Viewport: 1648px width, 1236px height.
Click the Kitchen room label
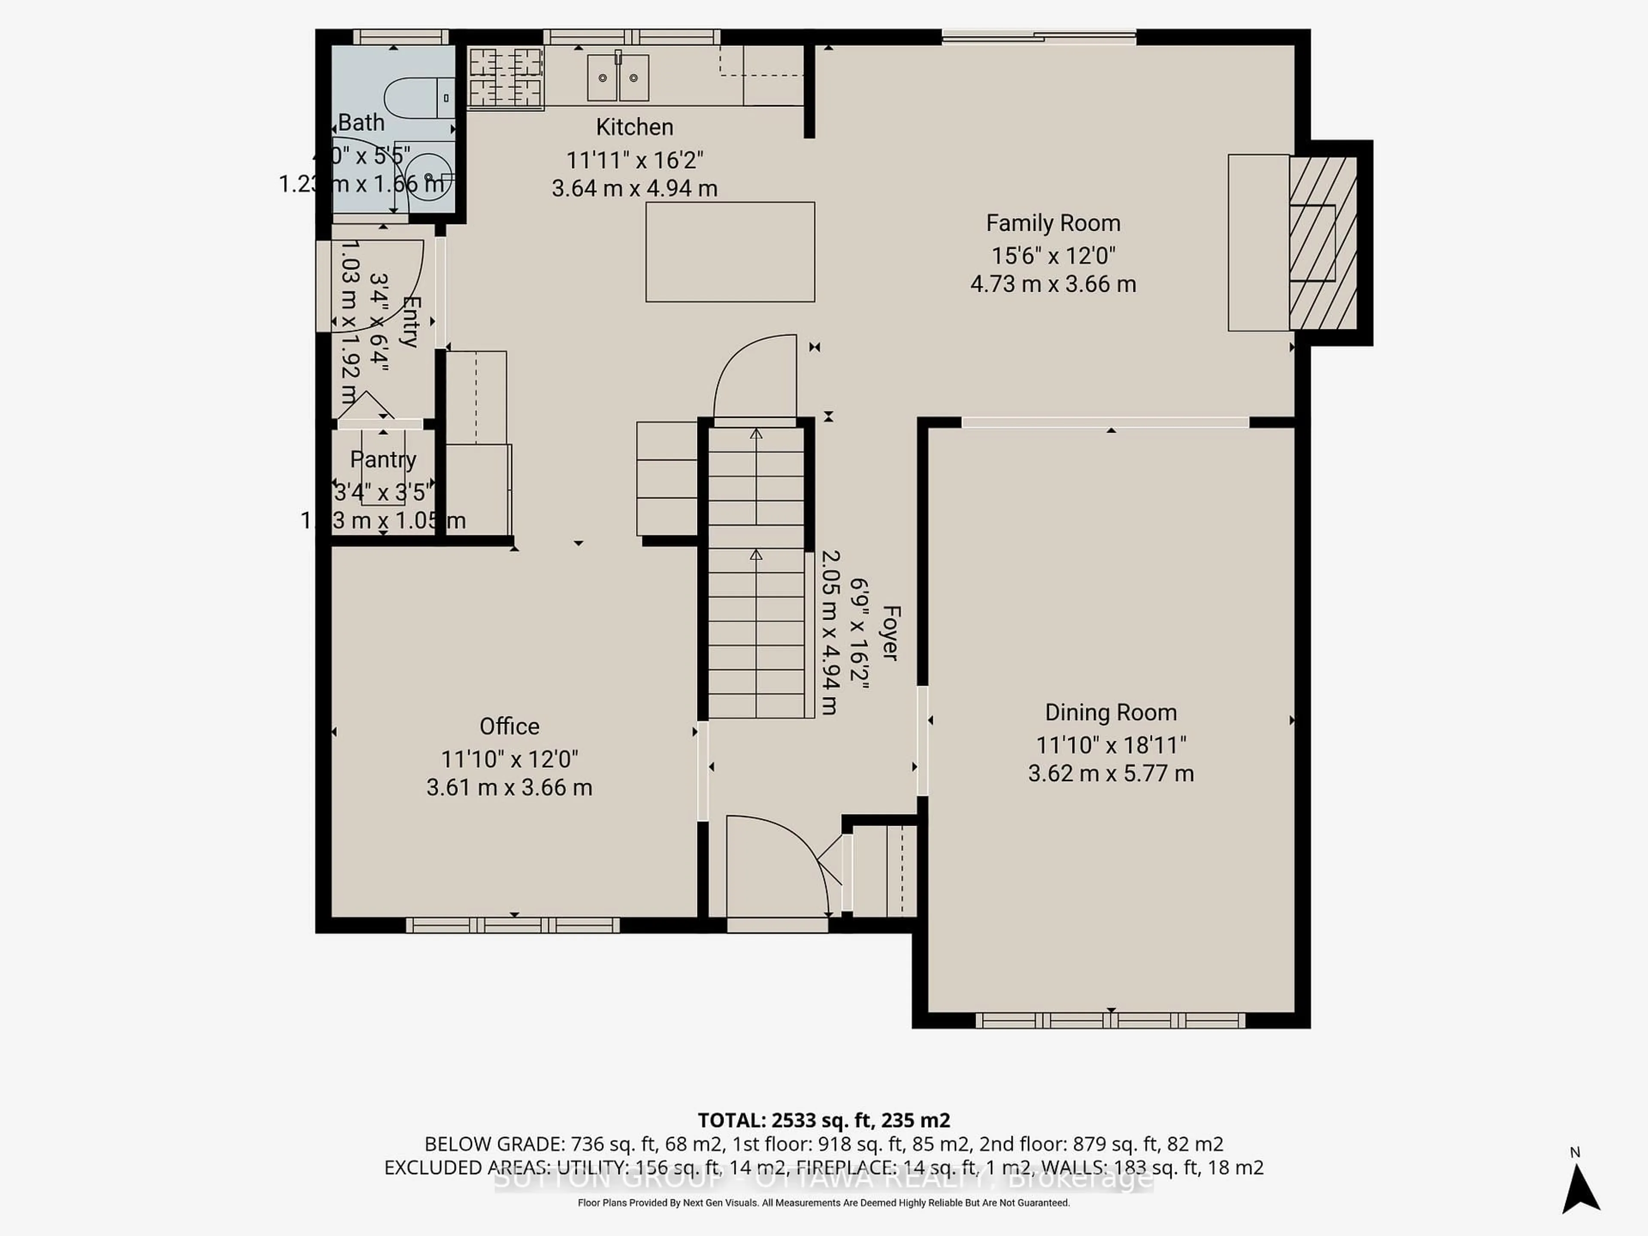point(634,127)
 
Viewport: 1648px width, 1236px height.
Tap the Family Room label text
point(1053,224)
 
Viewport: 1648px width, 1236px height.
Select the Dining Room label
point(1110,713)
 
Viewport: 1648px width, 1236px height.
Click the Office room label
point(509,727)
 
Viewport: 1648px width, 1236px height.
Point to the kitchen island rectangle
point(730,252)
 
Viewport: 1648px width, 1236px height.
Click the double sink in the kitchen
point(618,78)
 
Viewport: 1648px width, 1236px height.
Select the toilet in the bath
point(417,97)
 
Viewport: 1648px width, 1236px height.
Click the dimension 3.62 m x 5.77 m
point(1110,773)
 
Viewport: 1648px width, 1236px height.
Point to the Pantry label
point(383,460)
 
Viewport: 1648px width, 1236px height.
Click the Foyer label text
point(891,633)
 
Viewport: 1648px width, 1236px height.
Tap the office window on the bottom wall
point(512,925)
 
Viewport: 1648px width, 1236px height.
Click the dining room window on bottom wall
point(1110,1021)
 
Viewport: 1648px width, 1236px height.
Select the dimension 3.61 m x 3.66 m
point(509,788)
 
